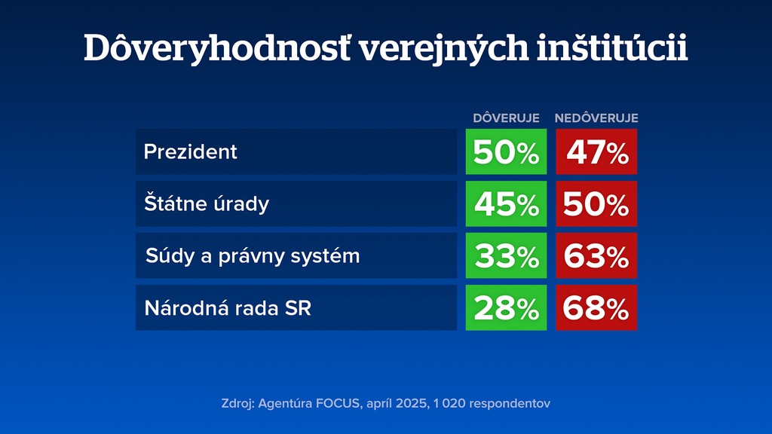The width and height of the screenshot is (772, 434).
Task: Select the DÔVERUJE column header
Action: [506, 118]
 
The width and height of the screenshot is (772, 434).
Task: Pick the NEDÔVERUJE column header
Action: [596, 118]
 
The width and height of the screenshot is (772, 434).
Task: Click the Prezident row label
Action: [191, 151]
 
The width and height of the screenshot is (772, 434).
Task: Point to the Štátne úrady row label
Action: [207, 203]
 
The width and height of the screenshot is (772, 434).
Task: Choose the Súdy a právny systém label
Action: [253, 255]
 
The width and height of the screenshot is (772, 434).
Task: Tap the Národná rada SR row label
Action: [228, 307]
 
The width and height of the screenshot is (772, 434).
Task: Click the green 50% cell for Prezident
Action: [506, 152]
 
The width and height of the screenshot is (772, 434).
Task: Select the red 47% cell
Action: [596, 152]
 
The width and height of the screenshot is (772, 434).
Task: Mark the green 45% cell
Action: [506, 204]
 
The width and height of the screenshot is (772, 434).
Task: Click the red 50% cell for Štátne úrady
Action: [596, 204]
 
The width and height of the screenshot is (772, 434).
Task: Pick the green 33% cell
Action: [506, 256]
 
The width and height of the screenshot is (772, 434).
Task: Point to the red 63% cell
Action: [596, 256]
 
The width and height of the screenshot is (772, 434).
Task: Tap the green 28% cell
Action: [506, 308]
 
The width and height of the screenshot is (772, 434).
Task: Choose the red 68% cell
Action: [596, 308]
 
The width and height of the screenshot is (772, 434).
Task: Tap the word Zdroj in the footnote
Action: [237, 403]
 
